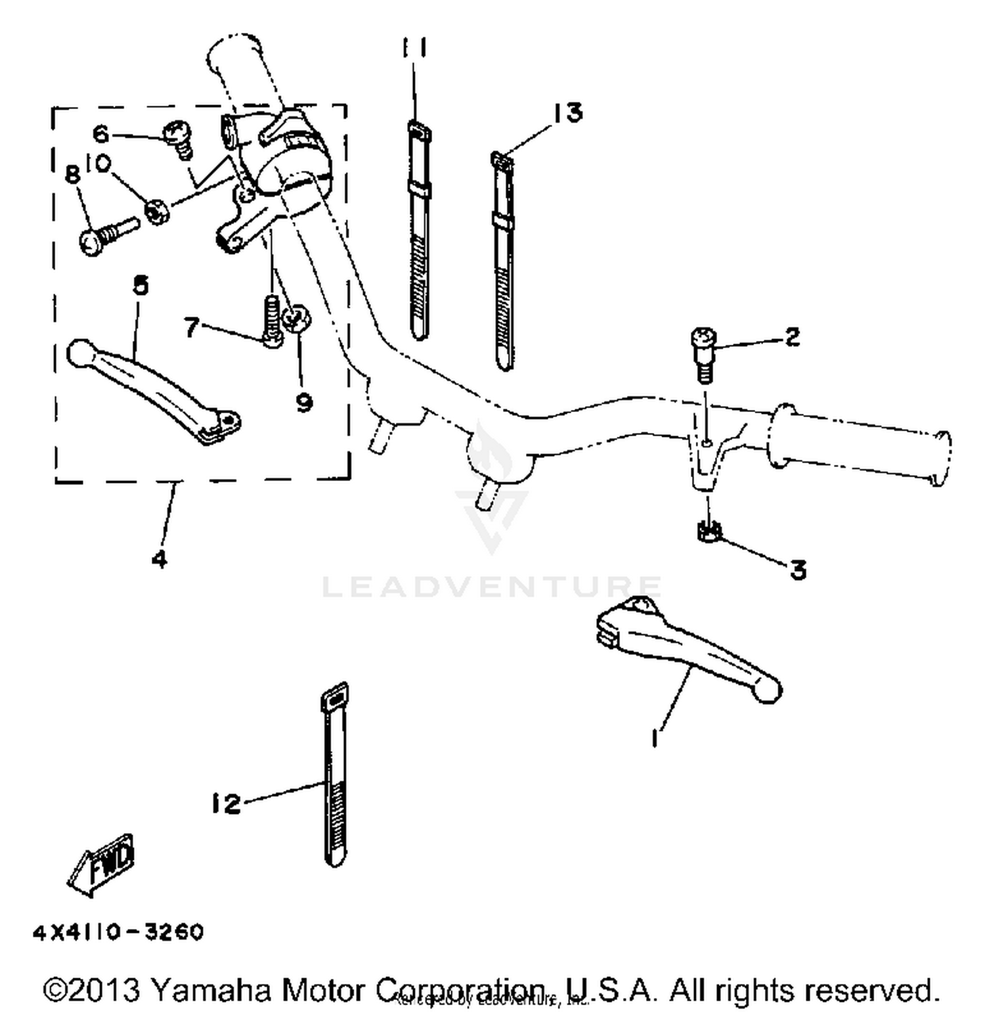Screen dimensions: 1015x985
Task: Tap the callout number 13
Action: pyautogui.click(x=567, y=112)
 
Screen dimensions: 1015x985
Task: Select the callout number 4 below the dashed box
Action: pyautogui.click(x=159, y=558)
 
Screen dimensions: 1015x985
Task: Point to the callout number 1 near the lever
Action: pyautogui.click(x=655, y=738)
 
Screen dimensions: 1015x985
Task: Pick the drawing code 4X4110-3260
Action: pyautogui.click(x=118, y=932)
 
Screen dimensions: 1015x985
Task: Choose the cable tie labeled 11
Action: pyautogui.click(x=418, y=230)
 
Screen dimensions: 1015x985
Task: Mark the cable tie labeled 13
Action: pyautogui.click(x=503, y=263)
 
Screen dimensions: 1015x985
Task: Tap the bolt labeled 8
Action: pyautogui.click(x=105, y=235)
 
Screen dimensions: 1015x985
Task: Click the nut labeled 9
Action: pyautogui.click(x=297, y=318)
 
